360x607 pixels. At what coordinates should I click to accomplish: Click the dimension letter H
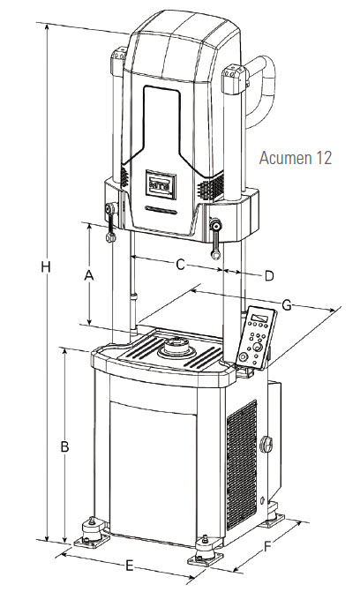tap(46, 266)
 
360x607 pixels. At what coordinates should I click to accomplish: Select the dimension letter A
tap(89, 275)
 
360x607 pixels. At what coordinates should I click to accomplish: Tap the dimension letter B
tap(64, 446)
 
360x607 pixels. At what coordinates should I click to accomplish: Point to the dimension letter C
tap(180, 266)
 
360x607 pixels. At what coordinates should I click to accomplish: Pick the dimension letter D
tap(269, 276)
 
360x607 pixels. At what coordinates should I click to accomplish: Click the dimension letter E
tap(130, 566)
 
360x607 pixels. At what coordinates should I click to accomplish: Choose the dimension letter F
tap(267, 547)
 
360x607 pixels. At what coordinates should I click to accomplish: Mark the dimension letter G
tap(287, 305)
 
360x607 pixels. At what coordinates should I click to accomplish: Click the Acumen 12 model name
tap(296, 158)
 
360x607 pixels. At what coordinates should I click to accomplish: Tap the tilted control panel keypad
tap(256, 338)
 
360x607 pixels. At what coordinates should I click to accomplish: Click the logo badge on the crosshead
tap(161, 184)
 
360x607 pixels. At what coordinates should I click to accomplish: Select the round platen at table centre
tap(176, 348)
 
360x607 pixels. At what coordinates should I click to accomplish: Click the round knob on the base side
tap(266, 444)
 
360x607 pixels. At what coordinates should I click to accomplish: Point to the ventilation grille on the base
tap(242, 465)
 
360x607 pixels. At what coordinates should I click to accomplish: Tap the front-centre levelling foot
tap(206, 551)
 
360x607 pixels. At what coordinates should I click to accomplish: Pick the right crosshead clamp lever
tap(214, 239)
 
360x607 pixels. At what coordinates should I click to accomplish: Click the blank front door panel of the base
tap(153, 473)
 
